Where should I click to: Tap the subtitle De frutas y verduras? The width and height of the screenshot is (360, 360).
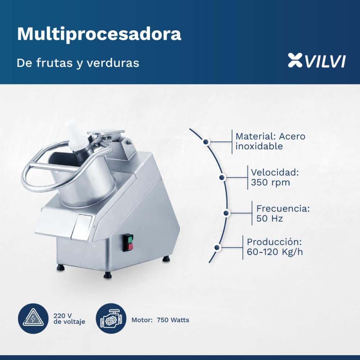tap(78, 63)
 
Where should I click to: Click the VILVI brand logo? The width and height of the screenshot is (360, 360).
tap(316, 60)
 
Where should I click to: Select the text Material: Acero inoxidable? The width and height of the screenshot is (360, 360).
tap(270, 141)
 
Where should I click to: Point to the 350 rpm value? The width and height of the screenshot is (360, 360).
tap(270, 183)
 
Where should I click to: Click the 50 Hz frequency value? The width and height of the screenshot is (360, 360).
tap(269, 219)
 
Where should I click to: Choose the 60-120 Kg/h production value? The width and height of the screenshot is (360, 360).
tap(275, 252)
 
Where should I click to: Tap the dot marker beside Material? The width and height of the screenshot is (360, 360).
tap(206, 142)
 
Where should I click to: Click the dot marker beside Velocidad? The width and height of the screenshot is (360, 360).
tap(222, 177)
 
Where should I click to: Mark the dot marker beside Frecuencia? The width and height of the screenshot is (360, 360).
tap(226, 213)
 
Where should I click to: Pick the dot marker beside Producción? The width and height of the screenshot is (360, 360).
tap(217, 248)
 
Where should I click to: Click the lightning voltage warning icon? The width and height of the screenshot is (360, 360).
tap(33, 319)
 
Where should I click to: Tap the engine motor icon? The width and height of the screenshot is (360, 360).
tap(111, 319)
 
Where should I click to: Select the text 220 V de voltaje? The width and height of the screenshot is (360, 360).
tap(69, 319)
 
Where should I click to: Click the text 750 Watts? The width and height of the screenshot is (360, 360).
tap(173, 320)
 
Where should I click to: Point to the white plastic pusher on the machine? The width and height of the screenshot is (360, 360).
tap(77, 136)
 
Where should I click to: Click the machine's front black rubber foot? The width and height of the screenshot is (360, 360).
tap(108, 275)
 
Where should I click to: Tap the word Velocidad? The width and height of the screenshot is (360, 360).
tap(275, 172)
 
